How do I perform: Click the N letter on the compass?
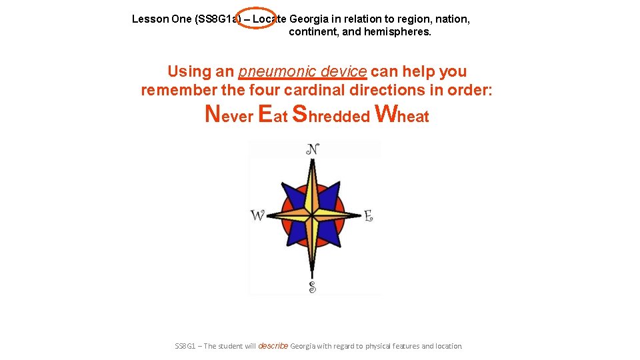coord(312,149)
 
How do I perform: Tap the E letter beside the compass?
coord(368,215)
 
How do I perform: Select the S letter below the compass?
coord(312,287)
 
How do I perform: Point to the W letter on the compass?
coord(257,215)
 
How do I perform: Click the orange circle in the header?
coord(257,19)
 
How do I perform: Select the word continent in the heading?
coord(313,31)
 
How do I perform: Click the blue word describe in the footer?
coord(272,346)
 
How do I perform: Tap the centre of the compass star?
coord(312,215)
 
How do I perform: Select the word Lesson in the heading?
coord(150,19)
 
